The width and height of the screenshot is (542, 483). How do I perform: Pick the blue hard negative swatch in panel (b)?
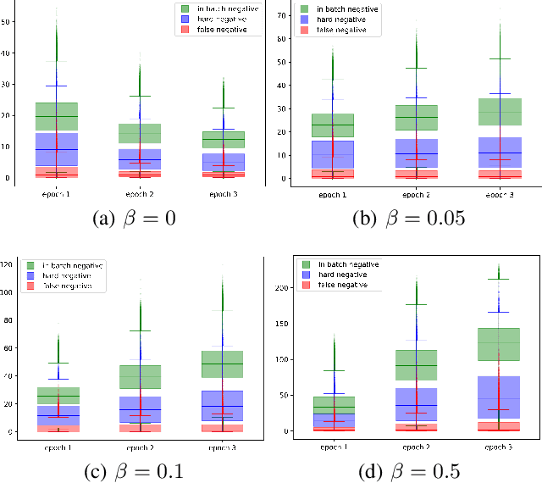304,18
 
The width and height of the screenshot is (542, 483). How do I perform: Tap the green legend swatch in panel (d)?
307,265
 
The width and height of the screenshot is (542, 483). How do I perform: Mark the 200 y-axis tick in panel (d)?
282,287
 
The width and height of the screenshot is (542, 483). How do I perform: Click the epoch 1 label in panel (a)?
56,193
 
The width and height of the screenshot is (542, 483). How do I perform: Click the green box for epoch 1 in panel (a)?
56,116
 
